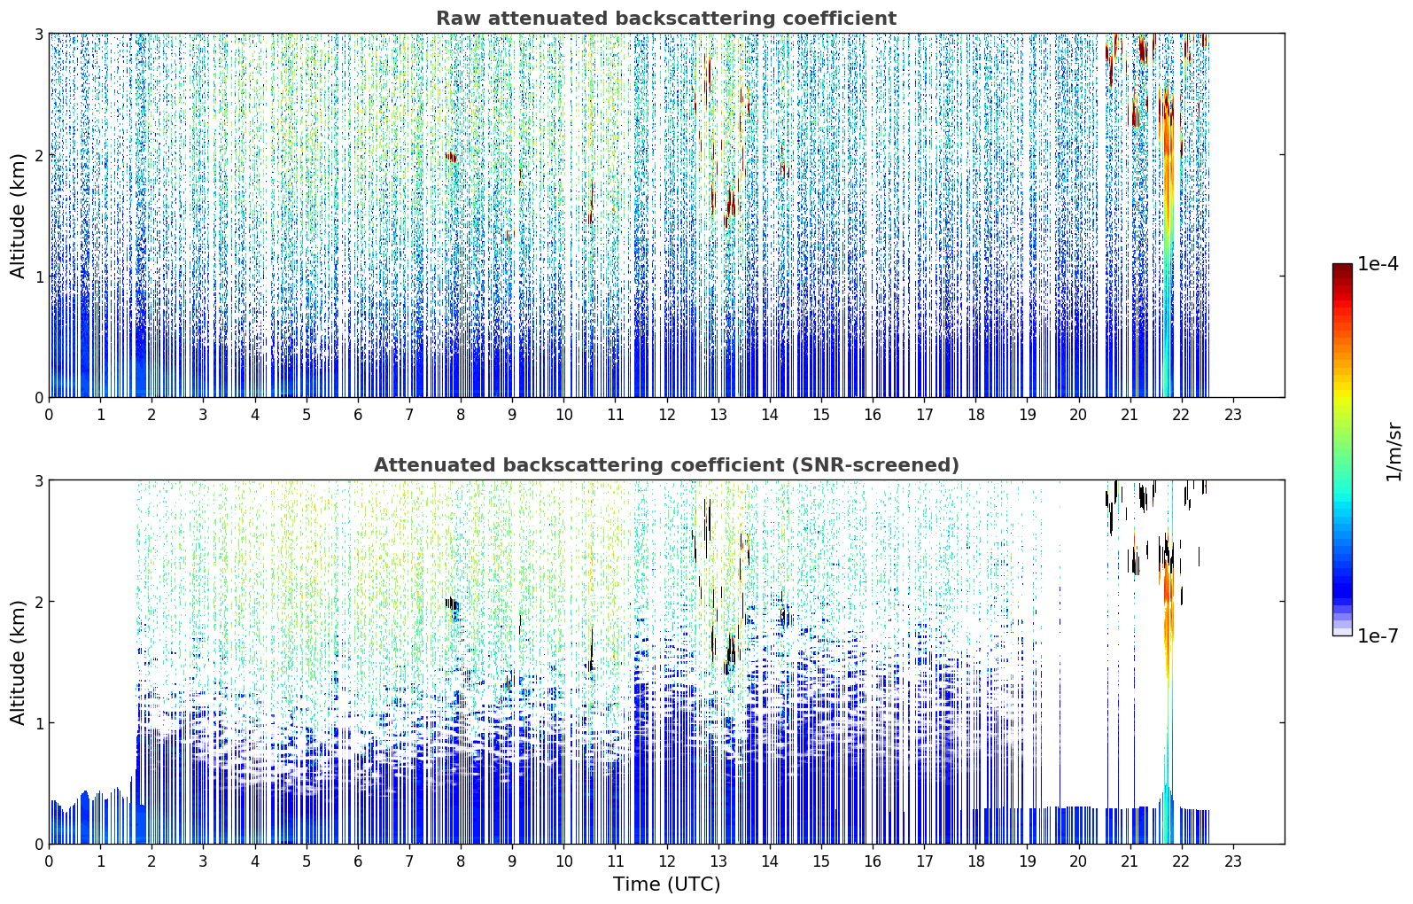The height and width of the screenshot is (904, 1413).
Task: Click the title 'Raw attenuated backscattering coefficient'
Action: [666, 19]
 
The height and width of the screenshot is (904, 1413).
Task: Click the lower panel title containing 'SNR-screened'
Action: [666, 464]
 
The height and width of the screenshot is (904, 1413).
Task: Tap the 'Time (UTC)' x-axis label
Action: [666, 885]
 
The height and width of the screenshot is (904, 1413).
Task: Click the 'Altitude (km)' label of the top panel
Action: [18, 216]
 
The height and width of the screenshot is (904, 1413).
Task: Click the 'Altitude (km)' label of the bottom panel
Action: [18, 662]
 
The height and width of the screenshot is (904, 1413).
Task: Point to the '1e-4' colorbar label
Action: [1378, 264]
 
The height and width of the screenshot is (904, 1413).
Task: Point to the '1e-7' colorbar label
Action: [1378, 635]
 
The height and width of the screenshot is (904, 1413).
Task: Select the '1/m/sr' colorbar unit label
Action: [1394, 452]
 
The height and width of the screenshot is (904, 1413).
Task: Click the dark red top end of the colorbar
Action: [1342, 268]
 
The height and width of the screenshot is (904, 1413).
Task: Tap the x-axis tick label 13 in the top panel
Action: [718, 415]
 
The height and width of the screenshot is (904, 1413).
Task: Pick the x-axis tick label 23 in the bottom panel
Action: [1233, 861]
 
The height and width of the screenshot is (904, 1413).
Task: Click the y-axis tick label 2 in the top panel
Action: [38, 155]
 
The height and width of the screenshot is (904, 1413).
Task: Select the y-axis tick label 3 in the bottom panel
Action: [38, 481]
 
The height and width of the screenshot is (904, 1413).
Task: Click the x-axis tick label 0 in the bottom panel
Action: [50, 861]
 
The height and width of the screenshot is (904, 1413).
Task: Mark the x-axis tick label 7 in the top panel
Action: [409, 415]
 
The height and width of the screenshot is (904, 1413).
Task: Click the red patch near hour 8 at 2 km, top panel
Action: [451, 157]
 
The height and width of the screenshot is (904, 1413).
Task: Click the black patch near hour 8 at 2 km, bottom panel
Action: [453, 604]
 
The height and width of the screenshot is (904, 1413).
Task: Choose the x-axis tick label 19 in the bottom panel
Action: [1028, 861]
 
